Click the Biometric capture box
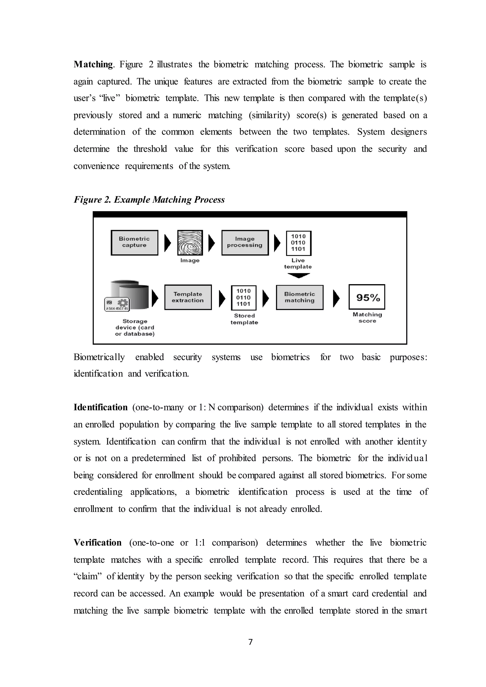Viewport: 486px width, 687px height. [x=134, y=242]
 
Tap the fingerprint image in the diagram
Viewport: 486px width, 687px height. [x=190, y=242]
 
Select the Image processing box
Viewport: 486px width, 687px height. [x=245, y=242]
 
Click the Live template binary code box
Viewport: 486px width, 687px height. [x=298, y=243]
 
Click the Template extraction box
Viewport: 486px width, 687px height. [x=188, y=297]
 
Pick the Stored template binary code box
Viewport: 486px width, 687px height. [x=244, y=297]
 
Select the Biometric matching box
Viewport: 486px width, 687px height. [x=299, y=297]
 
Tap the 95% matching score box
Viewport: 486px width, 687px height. [x=367, y=297]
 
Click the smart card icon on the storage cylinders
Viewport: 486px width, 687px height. [x=117, y=304]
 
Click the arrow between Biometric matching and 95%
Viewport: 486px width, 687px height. [x=336, y=298]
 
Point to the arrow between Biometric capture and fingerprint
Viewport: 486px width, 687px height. [x=168, y=243]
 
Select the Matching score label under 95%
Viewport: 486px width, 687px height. [x=367, y=317]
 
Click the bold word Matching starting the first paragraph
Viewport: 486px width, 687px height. [x=93, y=64]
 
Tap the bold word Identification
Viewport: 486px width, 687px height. [x=101, y=407]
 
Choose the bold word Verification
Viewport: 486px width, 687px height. [x=98, y=543]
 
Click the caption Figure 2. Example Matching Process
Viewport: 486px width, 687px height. [x=149, y=200]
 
